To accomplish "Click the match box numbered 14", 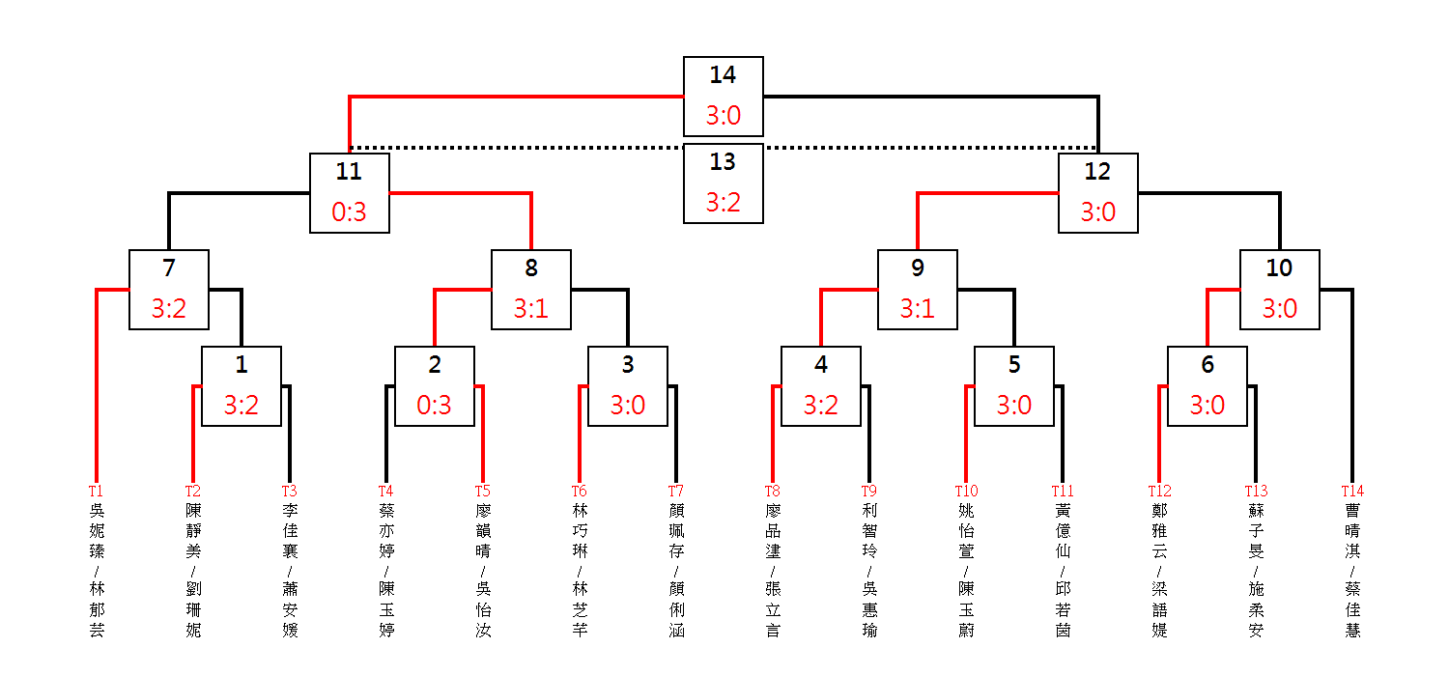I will click(x=723, y=96).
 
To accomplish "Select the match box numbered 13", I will click(x=723, y=183).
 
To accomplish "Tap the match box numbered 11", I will click(x=349, y=192).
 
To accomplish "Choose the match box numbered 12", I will click(x=1097, y=192).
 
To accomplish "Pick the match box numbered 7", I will click(x=168, y=289).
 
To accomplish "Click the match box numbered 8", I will click(x=530, y=289).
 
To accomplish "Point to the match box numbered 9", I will click(x=917, y=289).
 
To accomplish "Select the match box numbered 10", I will click(x=1279, y=289).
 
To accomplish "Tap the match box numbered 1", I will click(x=241, y=385).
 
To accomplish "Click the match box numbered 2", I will click(x=434, y=385).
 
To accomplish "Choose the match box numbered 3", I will click(x=627, y=385).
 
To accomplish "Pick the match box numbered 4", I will click(x=820, y=385).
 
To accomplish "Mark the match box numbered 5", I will click(x=1013, y=385).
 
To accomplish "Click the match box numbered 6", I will click(x=1207, y=385).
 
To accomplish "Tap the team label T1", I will click(x=96, y=492).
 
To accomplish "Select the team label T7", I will click(x=676, y=492).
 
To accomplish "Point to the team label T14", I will click(x=1352, y=492).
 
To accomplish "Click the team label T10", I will click(x=966, y=492).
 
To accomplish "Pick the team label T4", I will click(x=385, y=492).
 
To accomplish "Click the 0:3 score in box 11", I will click(x=349, y=212).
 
